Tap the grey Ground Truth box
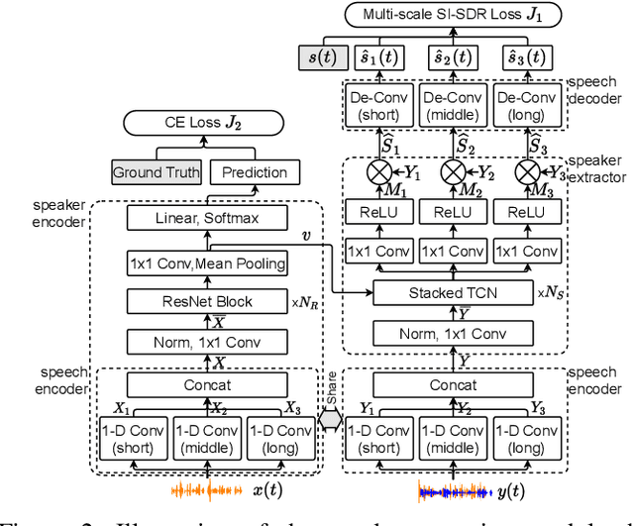[156, 172]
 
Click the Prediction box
[255, 172]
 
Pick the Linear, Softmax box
[206, 219]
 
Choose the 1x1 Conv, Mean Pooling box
[206, 263]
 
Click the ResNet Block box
[206, 301]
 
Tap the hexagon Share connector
[330, 419]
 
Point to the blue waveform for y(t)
[454, 490]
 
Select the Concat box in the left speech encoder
[206, 384]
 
